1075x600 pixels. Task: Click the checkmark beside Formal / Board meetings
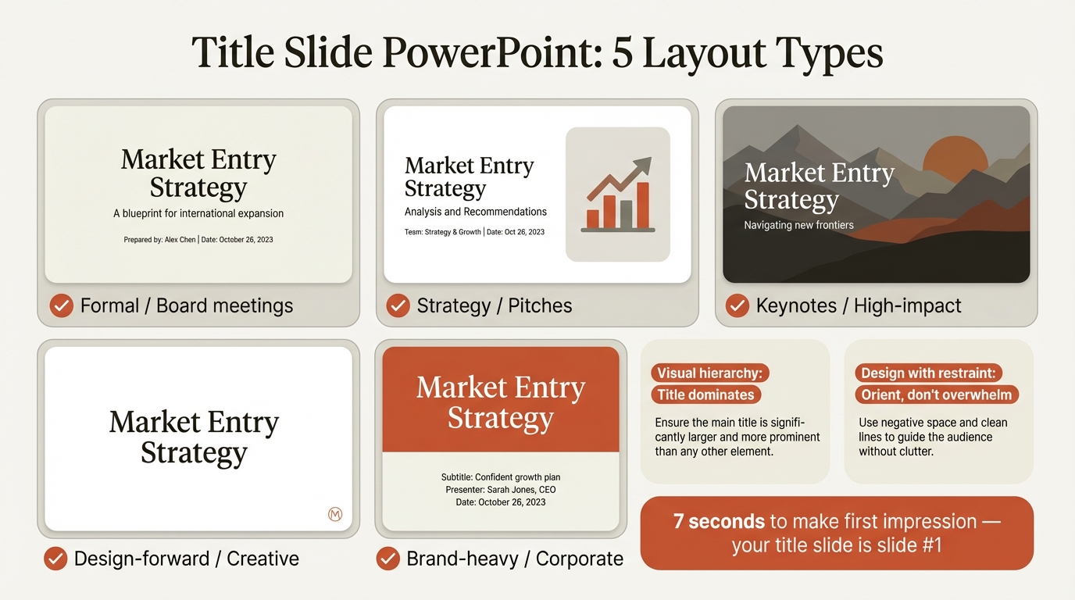62,305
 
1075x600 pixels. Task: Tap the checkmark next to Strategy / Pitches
398,305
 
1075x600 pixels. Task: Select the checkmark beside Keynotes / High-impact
737,305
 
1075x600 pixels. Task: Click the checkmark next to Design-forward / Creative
55,559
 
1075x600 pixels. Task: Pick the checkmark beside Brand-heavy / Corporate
388,559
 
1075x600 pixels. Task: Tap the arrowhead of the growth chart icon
642,166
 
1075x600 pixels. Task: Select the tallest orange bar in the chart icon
643,205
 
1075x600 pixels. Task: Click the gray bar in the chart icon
626,213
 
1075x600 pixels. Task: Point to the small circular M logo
335,514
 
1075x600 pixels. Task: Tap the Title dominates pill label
705,395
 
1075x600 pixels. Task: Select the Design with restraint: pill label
928,373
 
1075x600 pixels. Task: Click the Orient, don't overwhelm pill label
936,395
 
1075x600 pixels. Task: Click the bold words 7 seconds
719,521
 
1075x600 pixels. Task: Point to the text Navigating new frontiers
798,225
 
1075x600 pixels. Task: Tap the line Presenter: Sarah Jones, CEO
500,490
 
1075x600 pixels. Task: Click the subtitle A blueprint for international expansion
198,213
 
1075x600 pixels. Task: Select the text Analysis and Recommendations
475,212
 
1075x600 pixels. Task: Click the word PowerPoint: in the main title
494,53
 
